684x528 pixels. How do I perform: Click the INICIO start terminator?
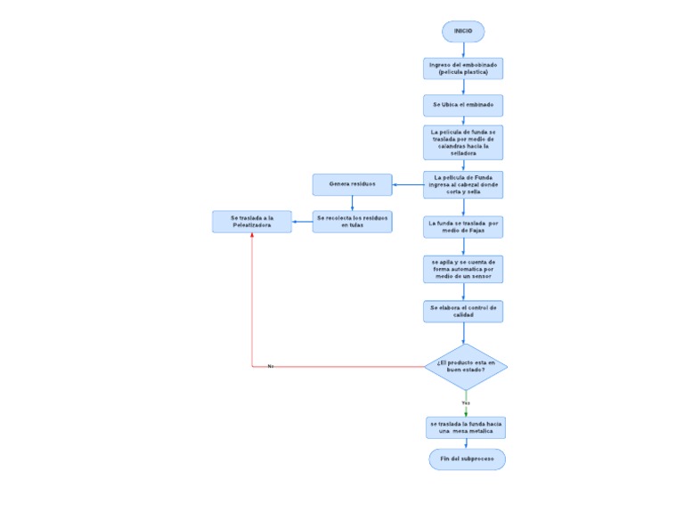[x=463, y=31]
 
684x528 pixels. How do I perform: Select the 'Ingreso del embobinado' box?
[x=463, y=69]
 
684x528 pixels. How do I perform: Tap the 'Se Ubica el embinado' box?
[x=463, y=105]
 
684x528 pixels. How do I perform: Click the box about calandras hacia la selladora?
[x=463, y=142]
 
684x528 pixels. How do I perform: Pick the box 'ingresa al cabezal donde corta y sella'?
[x=463, y=184]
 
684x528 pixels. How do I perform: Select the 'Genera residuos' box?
[x=353, y=184]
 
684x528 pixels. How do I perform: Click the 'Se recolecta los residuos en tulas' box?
[x=353, y=222]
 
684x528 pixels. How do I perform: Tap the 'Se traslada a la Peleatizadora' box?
[x=252, y=222]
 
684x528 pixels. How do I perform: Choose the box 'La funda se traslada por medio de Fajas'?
[x=463, y=227]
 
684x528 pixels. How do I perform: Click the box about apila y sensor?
[x=463, y=269]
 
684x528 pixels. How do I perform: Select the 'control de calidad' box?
[x=463, y=311]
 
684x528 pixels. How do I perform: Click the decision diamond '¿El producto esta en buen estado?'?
[x=466, y=366]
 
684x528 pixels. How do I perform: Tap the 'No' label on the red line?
[x=271, y=366]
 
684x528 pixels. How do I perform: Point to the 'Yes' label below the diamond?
[x=466, y=402]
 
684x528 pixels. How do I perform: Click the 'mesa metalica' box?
[x=466, y=427]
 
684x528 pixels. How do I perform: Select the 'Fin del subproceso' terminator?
[x=468, y=459]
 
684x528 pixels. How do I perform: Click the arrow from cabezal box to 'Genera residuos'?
[x=408, y=185]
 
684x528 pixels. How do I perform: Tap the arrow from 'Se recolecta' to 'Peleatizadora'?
[x=303, y=222]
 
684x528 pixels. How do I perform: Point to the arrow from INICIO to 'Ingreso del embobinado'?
[x=463, y=50]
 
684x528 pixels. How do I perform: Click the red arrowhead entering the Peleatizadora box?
[x=252, y=238]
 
